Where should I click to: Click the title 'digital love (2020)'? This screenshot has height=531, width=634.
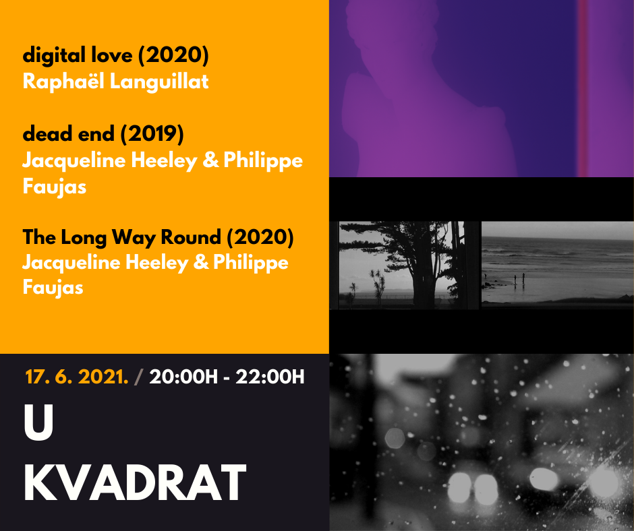click(x=115, y=55)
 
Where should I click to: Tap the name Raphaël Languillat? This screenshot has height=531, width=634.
click(x=115, y=82)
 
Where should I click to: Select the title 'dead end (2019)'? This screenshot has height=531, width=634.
click(x=103, y=133)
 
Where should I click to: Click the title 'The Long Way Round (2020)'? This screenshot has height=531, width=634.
click(x=158, y=237)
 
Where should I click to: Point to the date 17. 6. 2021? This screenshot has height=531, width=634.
click(x=77, y=377)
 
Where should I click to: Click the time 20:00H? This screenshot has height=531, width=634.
click(x=183, y=377)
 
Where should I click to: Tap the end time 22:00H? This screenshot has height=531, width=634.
click(x=270, y=377)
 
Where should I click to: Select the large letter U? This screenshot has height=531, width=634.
click(x=38, y=423)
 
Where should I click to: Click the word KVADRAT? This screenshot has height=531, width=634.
click(x=135, y=482)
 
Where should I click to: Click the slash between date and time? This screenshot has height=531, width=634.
click(x=139, y=377)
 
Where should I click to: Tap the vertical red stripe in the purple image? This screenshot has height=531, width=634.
click(x=582, y=88)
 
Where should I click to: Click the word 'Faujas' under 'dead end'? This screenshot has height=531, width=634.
click(x=55, y=187)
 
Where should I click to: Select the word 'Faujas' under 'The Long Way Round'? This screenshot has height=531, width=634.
click(x=53, y=288)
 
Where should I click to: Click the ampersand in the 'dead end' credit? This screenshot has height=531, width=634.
click(x=210, y=160)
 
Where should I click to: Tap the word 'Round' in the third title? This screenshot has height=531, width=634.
click(x=191, y=237)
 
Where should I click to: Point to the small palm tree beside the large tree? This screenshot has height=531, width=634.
click(x=378, y=285)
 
